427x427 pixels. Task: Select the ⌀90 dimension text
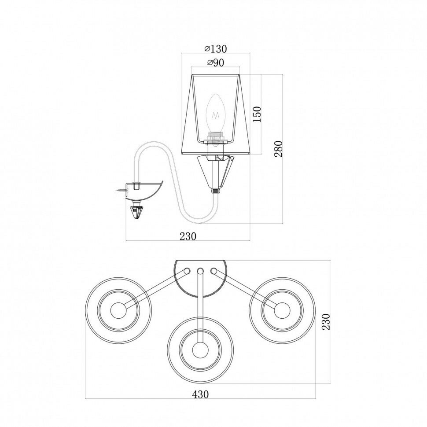(215, 63)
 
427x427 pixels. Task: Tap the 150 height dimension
(257, 114)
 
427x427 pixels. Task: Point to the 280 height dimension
(279, 149)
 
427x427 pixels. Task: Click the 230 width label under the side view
(188, 236)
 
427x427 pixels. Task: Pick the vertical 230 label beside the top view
(326, 322)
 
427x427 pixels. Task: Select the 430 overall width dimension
(200, 394)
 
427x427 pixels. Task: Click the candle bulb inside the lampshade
(216, 110)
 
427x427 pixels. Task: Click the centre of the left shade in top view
(118, 311)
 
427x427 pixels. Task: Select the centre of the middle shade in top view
(200, 351)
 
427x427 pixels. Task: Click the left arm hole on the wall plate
(187, 271)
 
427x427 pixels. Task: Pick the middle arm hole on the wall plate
(200, 271)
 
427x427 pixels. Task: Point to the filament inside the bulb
(216, 116)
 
